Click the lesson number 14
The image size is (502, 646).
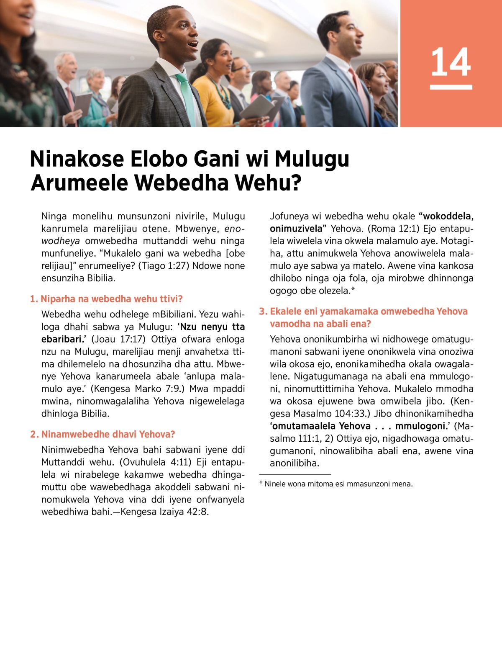(451, 62)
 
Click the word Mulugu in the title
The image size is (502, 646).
(312, 159)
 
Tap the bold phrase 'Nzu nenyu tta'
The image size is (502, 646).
(212, 327)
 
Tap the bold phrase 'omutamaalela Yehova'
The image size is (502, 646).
(321, 426)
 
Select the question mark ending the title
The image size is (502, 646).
(296, 183)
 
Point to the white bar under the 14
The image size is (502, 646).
(451, 87)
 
